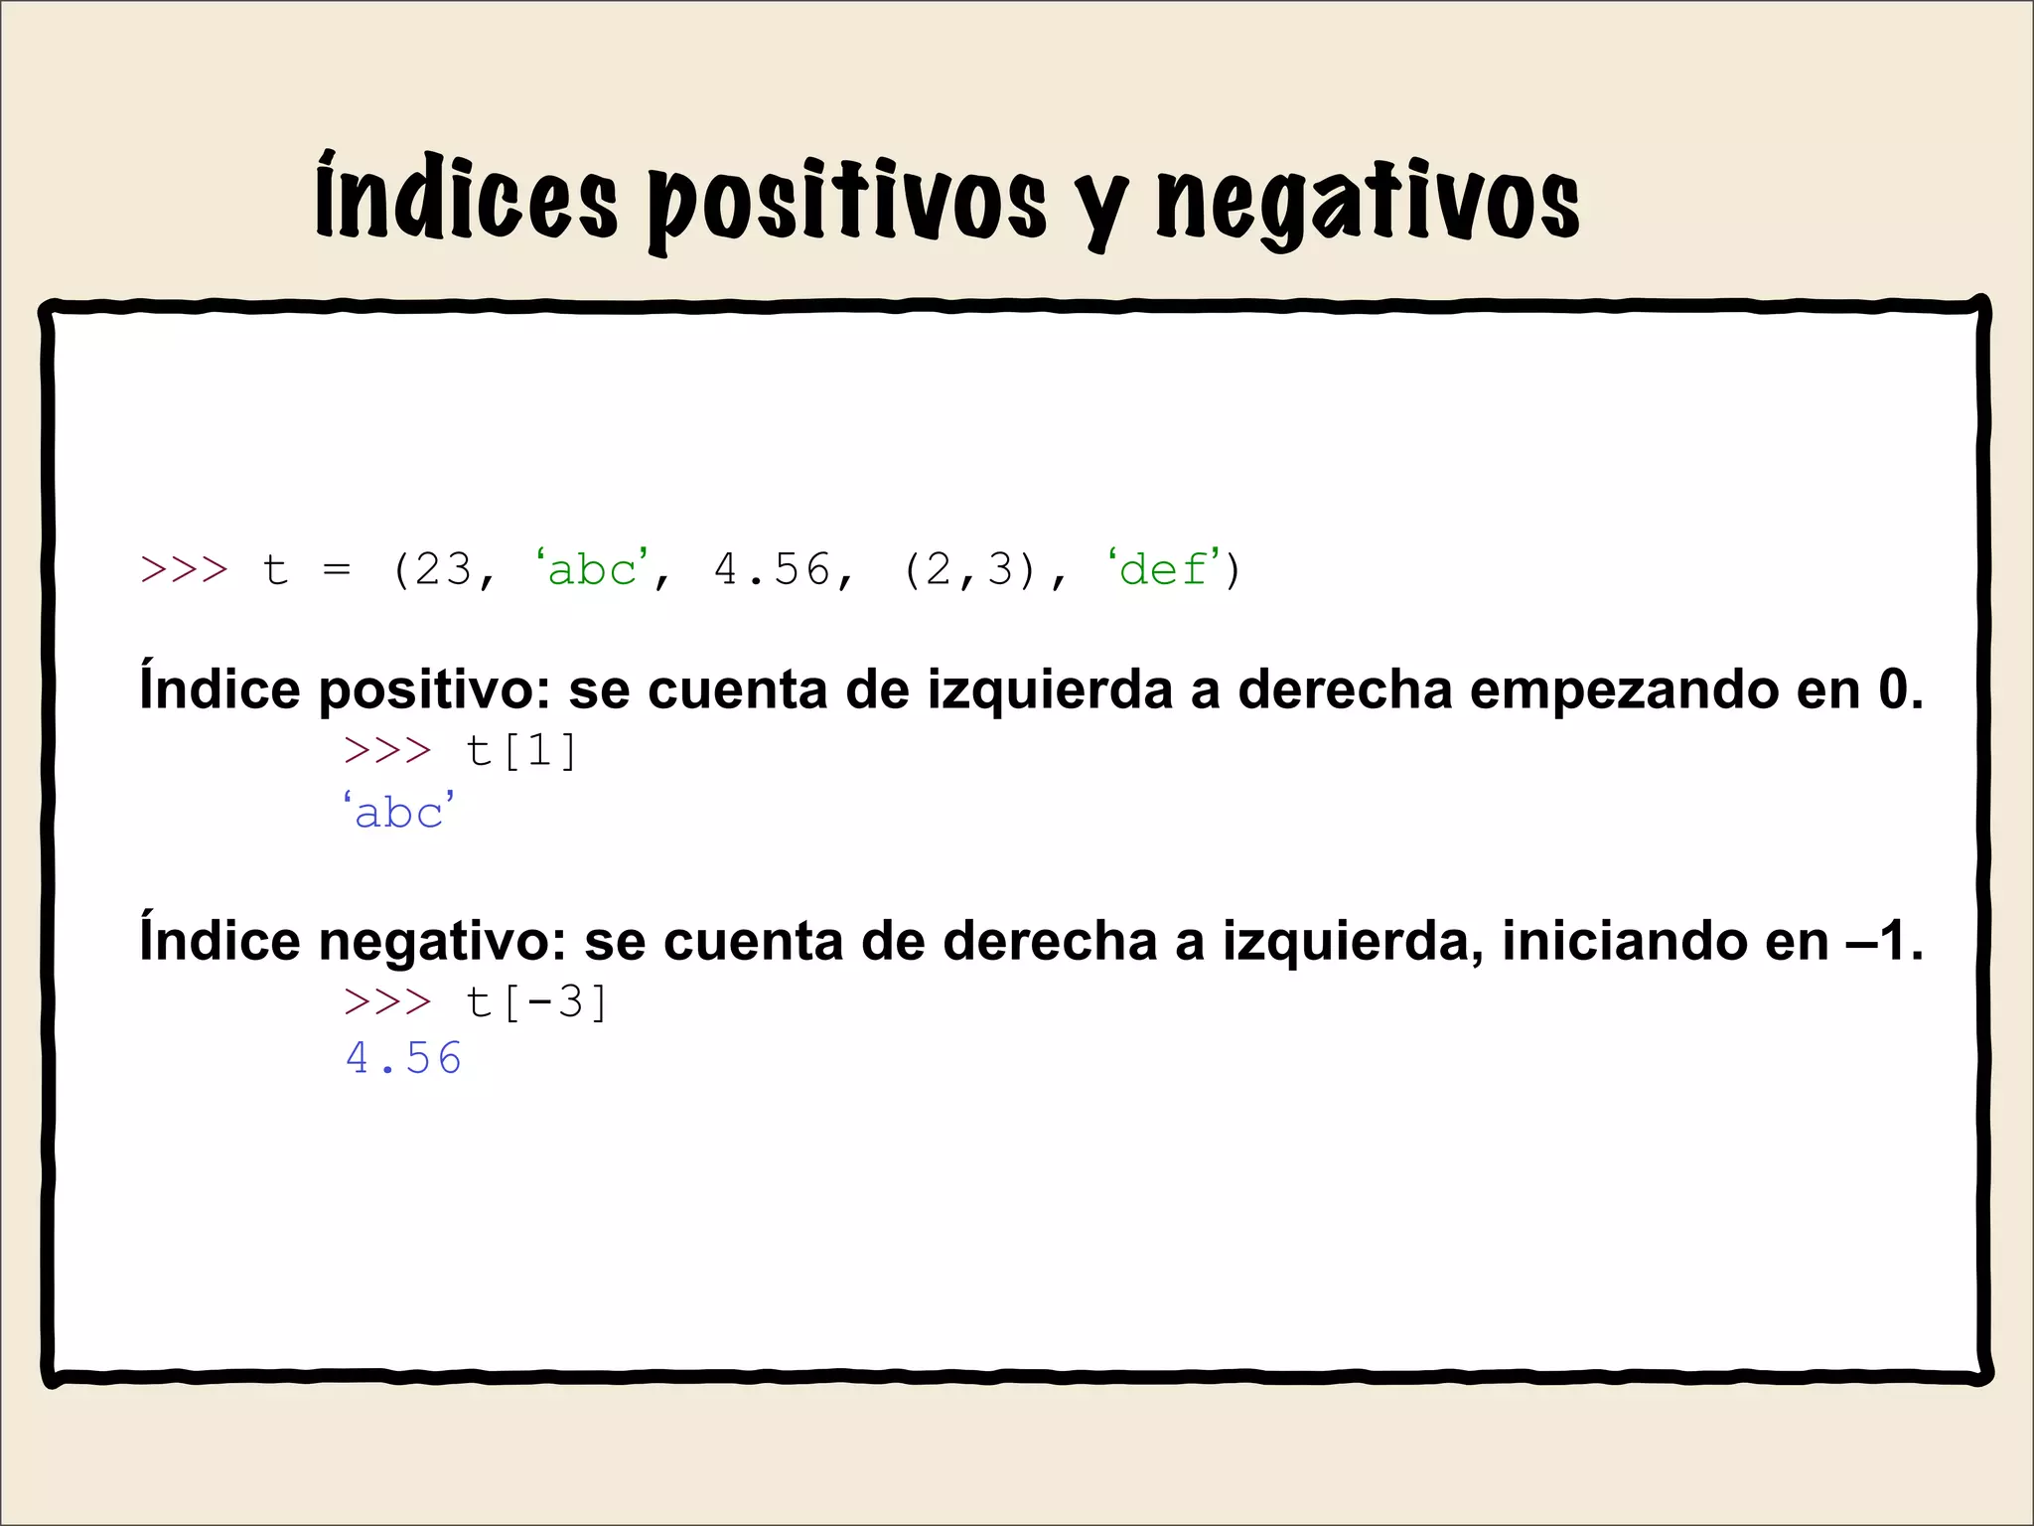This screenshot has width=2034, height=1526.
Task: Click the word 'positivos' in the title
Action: pos(847,204)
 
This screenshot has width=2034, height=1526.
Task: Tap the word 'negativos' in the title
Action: pos(1368,204)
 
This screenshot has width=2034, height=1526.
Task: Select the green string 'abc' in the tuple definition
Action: pos(592,570)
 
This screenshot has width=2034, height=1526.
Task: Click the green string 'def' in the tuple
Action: pos(1163,570)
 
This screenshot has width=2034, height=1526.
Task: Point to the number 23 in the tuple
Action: pos(443,570)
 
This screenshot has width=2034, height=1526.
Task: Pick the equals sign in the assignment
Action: pos(337,570)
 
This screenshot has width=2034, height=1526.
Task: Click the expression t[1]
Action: pos(521,751)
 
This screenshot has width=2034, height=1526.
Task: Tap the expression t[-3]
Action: pos(536,1002)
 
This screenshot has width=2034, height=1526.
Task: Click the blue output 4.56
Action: pos(403,1059)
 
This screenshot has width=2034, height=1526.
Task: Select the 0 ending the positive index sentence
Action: pos(1890,690)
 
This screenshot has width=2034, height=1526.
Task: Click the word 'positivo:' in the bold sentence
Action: pos(434,690)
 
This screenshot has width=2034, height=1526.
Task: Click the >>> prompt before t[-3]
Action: pos(387,1002)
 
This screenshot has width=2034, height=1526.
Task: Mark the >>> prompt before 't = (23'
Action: pos(184,570)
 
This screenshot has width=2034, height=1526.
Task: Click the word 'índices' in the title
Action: pos(467,199)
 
